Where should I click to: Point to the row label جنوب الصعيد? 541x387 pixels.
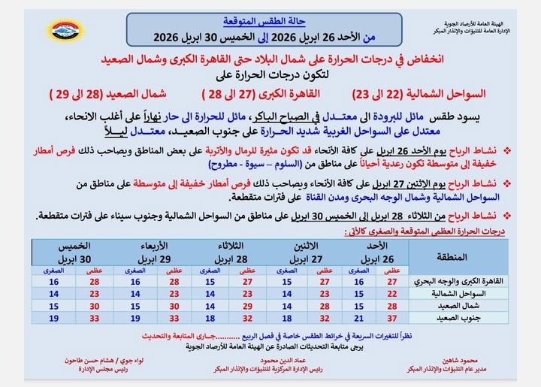coord(465,318)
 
